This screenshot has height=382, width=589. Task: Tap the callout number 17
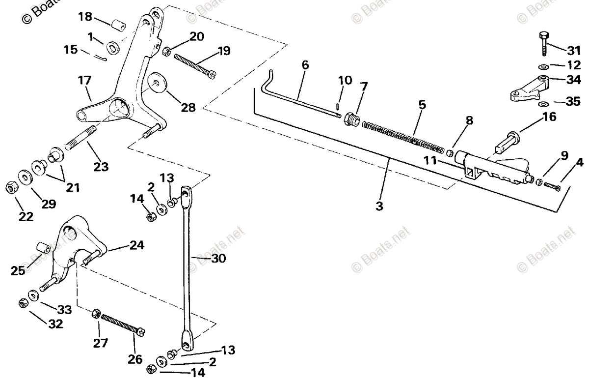coord(85,80)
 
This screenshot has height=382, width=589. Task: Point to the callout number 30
coord(218,258)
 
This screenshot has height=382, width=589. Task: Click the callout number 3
coord(379,206)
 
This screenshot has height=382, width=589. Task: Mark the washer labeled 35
coord(543,104)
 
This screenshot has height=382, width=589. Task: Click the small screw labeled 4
coord(553,186)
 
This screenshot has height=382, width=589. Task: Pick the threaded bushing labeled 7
coord(351,119)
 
